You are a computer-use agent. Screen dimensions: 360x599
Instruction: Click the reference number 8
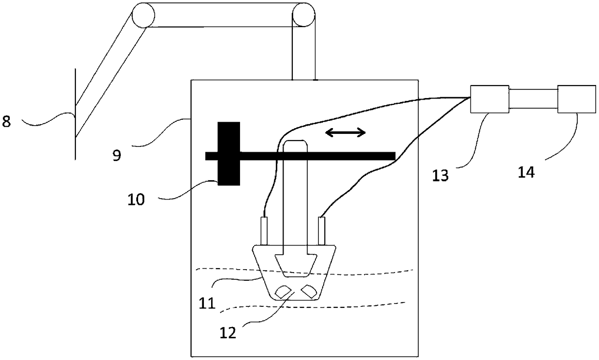[x=6, y=121]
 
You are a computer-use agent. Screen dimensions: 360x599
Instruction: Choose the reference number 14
[x=527, y=172]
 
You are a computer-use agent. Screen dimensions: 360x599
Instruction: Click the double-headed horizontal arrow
[x=345, y=132]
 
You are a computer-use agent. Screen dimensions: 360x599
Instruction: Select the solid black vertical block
[x=228, y=154]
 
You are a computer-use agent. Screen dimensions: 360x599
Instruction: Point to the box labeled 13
[x=489, y=99]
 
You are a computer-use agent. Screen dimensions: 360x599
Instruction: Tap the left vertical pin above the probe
[x=264, y=231]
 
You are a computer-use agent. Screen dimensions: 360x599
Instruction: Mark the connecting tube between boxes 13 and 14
[x=533, y=99]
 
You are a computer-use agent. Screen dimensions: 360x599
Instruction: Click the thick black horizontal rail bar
[x=314, y=156]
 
